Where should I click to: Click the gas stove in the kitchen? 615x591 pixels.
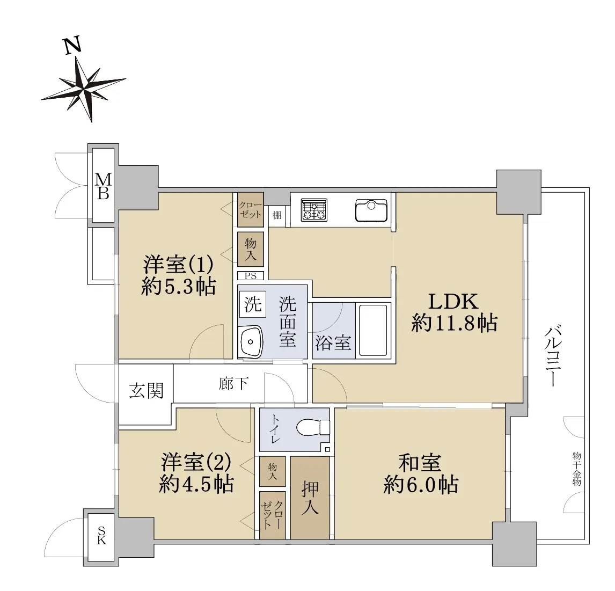click(314, 210)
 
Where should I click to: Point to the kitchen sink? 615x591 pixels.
click(371, 211)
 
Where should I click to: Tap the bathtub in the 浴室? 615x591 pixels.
click(373, 330)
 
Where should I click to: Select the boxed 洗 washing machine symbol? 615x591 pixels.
click(253, 304)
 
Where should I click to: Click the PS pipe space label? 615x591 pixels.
click(251, 276)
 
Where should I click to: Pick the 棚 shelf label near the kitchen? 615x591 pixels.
click(277, 215)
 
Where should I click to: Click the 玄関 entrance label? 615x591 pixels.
click(147, 390)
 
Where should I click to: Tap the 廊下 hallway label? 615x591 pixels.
click(233, 383)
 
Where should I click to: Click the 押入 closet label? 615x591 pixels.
click(310, 498)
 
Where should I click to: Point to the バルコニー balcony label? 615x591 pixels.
click(553, 355)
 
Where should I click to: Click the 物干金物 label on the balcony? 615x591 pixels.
click(576, 469)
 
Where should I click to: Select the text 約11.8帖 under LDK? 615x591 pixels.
click(454, 324)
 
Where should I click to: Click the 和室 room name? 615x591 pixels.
click(420, 463)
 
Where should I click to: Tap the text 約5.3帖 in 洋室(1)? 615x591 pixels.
click(179, 287)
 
